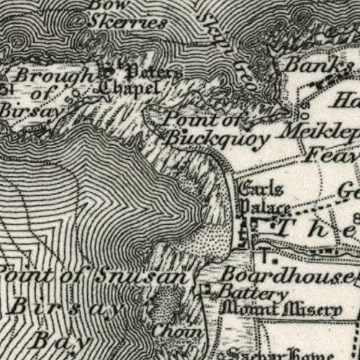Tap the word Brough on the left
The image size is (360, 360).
54,75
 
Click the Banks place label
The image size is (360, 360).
318,64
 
